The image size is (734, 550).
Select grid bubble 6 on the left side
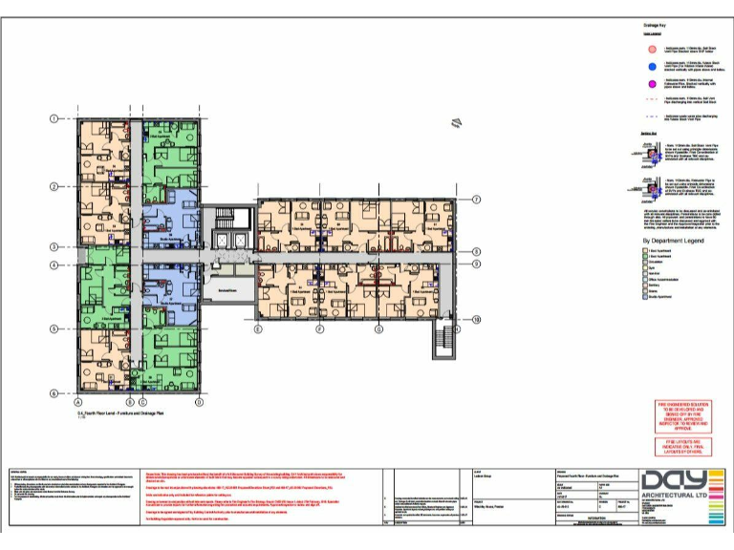(54, 392)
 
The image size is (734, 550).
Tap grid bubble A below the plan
(77, 403)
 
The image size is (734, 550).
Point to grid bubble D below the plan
(199, 403)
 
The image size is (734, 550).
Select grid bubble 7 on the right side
(475, 200)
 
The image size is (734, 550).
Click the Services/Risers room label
(227, 289)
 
